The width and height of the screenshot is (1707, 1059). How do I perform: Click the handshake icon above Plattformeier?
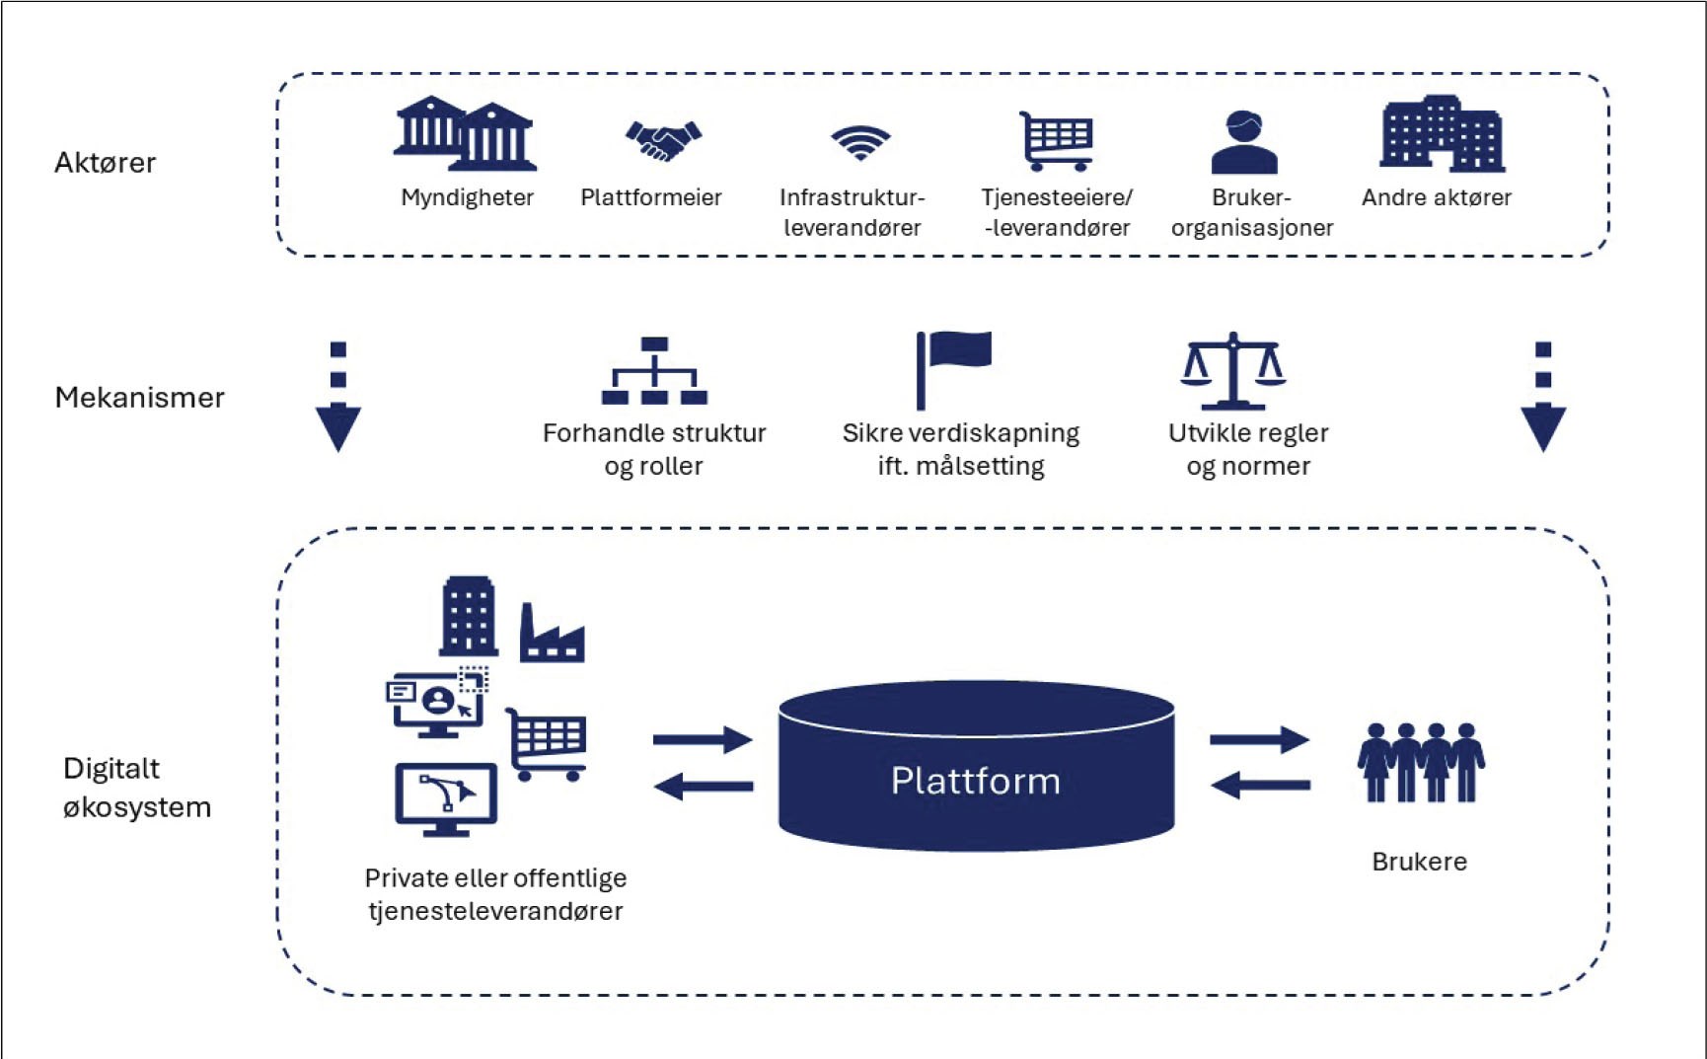pos(663,140)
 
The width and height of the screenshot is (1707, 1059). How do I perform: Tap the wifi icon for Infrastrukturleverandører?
pos(860,142)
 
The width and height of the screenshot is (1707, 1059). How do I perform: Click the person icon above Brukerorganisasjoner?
pos(1244,142)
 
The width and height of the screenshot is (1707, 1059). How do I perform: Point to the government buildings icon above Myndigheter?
pos(465,133)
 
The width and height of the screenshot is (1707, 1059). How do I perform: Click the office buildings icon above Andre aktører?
pos(1443,133)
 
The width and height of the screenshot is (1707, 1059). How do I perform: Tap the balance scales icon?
pos(1233,371)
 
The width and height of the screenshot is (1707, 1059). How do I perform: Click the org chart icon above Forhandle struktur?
pos(654,371)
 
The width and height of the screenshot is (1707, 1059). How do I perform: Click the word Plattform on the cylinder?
pos(976,781)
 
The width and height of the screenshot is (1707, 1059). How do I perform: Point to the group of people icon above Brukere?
pos(1421,762)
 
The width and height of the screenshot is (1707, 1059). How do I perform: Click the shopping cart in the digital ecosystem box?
pos(547,744)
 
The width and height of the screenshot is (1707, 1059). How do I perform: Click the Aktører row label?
pos(106,163)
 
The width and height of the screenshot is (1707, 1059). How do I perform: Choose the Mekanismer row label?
pos(140,398)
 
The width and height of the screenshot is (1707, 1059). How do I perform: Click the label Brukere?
pos(1420,862)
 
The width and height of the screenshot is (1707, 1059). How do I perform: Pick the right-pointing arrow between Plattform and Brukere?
pos(1260,739)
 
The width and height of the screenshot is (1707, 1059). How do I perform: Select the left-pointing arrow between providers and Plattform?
pos(704,787)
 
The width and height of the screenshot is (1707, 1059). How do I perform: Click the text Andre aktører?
pos(1437,197)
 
